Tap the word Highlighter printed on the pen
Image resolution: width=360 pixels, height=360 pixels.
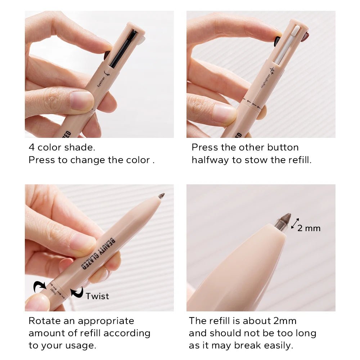(265, 79)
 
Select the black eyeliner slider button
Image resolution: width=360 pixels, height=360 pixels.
(123, 49)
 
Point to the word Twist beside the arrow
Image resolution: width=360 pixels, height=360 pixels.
(97, 296)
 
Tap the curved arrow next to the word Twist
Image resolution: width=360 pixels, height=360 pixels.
(77, 292)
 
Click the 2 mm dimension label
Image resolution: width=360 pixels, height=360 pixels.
(309, 228)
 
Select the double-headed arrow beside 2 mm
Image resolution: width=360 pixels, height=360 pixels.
(295, 224)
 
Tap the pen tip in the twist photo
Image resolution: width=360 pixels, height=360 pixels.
(161, 196)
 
